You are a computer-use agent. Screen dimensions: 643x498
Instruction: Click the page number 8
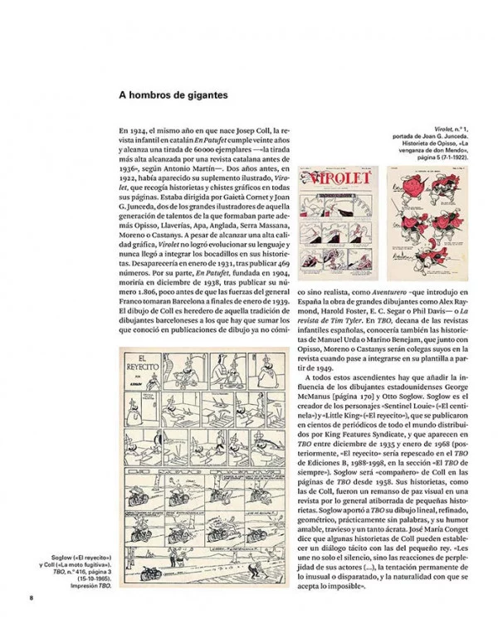point(31,598)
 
